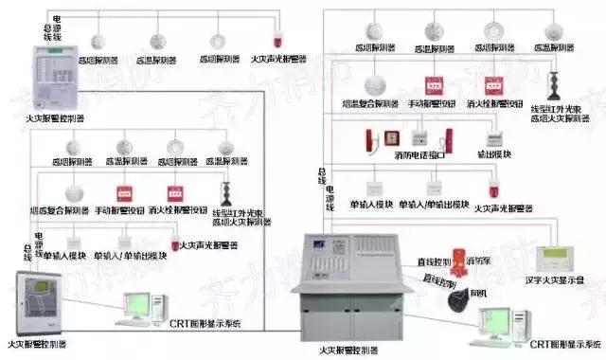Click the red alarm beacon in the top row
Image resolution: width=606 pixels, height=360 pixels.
[x=279, y=41]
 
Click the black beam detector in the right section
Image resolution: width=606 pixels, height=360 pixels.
[x=554, y=81]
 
